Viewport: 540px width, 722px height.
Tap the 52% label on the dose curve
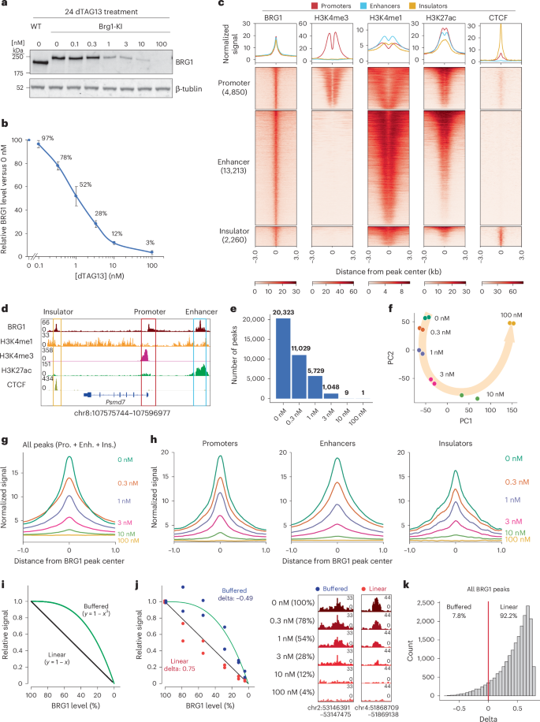tap(107, 184)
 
